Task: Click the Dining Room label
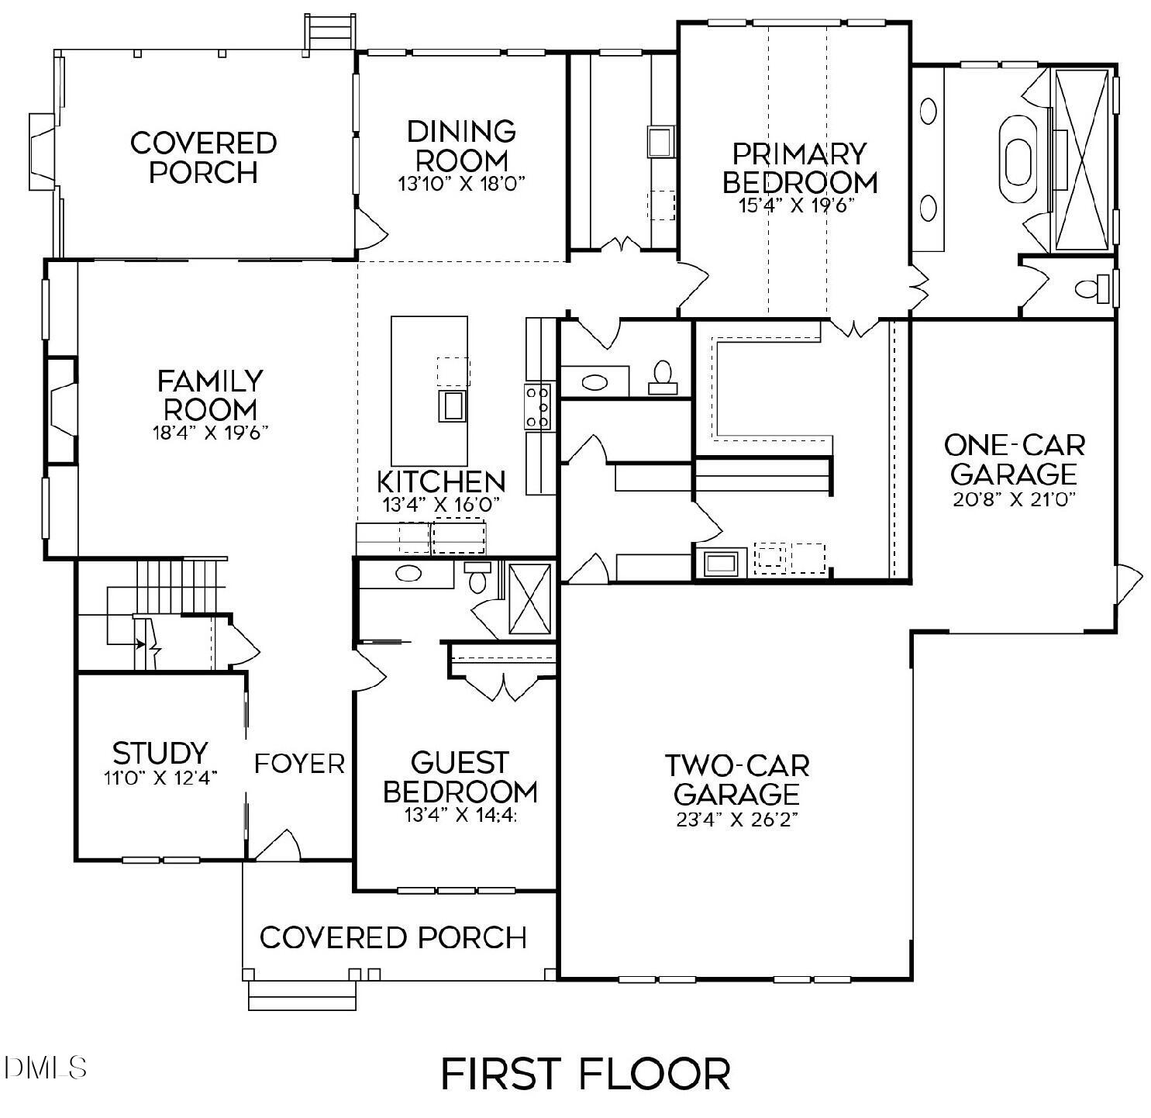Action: pos(462,146)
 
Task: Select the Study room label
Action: pos(160,753)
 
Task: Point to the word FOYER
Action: pos(300,764)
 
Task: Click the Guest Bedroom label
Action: pos(460,777)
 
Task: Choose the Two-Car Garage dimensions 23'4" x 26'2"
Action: pos(737,820)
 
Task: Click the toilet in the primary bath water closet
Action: pos(1092,289)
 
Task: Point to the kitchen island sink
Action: pos(453,405)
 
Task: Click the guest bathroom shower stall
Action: pos(529,600)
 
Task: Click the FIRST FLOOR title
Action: pos(585,1075)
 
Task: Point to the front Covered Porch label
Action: pos(393,937)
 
